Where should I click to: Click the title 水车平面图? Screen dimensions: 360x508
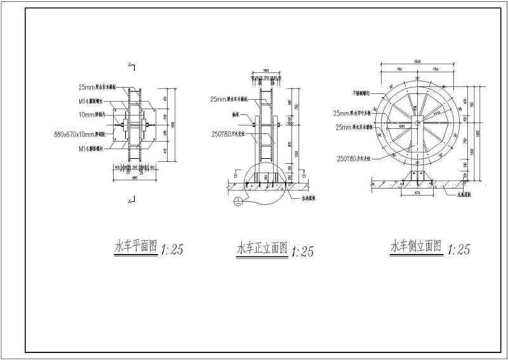click(x=135, y=247)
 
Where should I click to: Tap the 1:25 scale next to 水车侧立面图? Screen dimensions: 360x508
click(x=458, y=250)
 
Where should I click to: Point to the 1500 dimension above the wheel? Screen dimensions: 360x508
click(x=417, y=61)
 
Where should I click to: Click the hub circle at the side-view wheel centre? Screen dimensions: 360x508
click(x=417, y=121)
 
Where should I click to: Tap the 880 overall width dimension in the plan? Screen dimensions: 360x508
click(x=133, y=177)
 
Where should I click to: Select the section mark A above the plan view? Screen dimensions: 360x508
click(x=130, y=65)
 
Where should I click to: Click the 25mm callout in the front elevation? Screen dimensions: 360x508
click(x=230, y=99)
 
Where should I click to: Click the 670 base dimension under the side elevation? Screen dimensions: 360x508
click(x=417, y=191)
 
